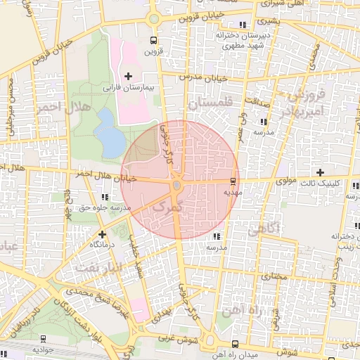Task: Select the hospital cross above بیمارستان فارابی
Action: [128, 75]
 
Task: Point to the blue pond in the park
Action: [109, 134]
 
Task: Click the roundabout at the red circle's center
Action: [177, 185]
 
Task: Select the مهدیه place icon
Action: [233, 181]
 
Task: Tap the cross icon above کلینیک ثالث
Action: [320, 172]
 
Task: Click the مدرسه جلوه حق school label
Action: [106, 208]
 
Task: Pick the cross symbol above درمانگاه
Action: [102, 233]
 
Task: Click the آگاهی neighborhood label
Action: [264, 228]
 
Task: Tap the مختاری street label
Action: [275, 277]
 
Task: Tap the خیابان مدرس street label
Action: [205, 78]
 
